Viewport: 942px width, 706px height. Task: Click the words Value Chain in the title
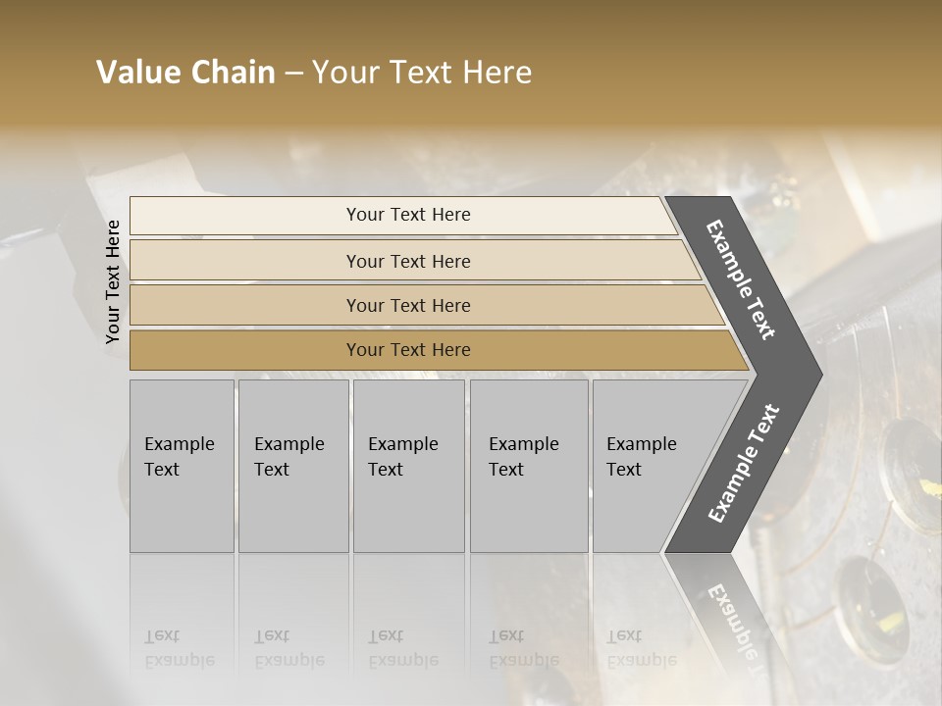click(x=185, y=73)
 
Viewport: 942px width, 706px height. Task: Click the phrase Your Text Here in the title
click(x=422, y=73)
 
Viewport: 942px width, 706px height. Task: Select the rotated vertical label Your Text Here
click(x=113, y=281)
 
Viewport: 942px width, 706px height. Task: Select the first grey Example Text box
click(x=182, y=466)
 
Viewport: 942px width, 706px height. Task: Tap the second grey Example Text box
click(x=292, y=466)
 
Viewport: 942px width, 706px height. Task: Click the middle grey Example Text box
click(x=408, y=466)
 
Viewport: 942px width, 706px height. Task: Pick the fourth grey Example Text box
click(x=529, y=466)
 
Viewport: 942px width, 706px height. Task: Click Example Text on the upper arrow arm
click(x=741, y=279)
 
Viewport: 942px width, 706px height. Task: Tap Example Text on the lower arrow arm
click(x=744, y=464)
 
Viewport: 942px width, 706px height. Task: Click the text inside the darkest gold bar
click(x=408, y=350)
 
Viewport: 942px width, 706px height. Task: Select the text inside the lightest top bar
click(x=408, y=215)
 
